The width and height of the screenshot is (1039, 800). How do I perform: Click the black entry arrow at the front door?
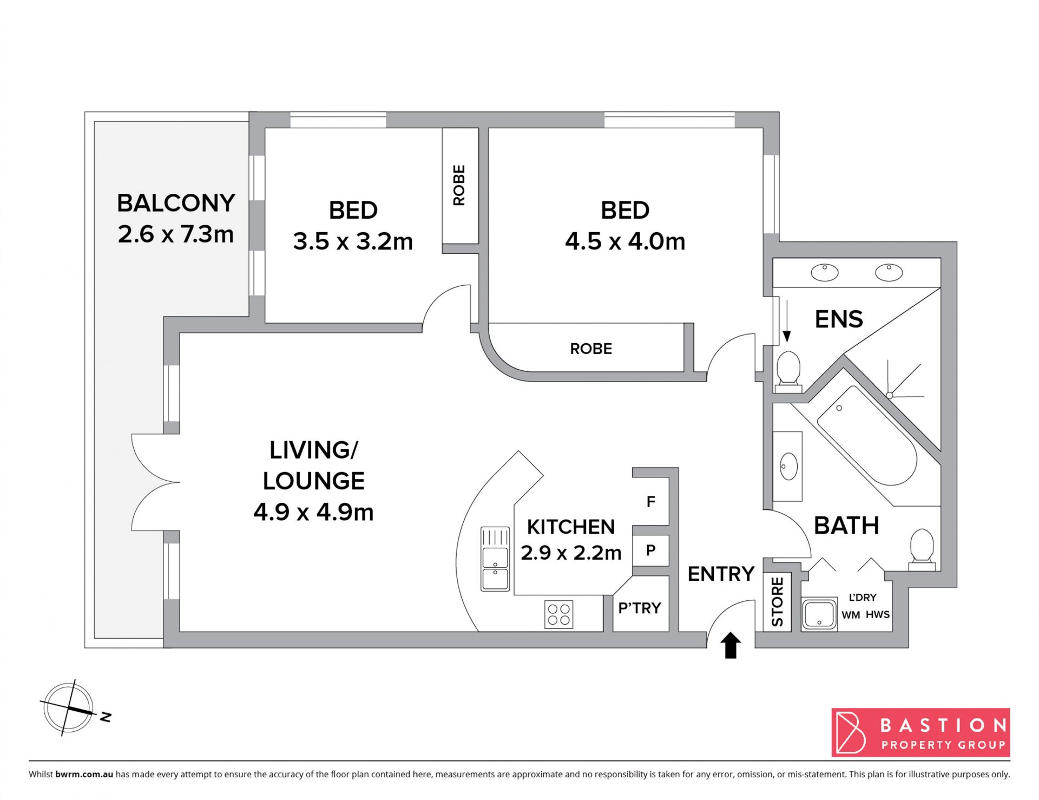731,645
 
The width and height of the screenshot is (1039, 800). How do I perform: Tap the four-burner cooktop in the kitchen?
559,615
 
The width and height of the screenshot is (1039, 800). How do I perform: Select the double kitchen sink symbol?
495,559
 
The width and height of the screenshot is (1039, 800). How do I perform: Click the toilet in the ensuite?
788,372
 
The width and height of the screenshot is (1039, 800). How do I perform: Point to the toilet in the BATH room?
922,549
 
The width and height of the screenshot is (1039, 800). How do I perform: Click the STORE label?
777,602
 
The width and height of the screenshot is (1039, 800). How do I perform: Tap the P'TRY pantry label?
640,608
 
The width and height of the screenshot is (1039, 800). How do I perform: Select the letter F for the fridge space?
651,502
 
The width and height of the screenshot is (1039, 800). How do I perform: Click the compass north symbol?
69,708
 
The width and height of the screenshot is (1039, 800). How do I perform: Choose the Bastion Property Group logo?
920,732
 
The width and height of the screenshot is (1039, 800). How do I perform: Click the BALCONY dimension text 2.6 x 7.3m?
176,234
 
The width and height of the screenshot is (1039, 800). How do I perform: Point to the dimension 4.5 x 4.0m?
625,241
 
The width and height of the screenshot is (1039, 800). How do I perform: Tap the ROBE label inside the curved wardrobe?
591,349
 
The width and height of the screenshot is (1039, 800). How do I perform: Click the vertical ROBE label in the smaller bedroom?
459,185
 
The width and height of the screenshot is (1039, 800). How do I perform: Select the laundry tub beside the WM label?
819,614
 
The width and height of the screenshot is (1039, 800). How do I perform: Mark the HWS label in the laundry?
877,615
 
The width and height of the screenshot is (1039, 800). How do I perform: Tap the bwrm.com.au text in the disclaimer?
84,774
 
